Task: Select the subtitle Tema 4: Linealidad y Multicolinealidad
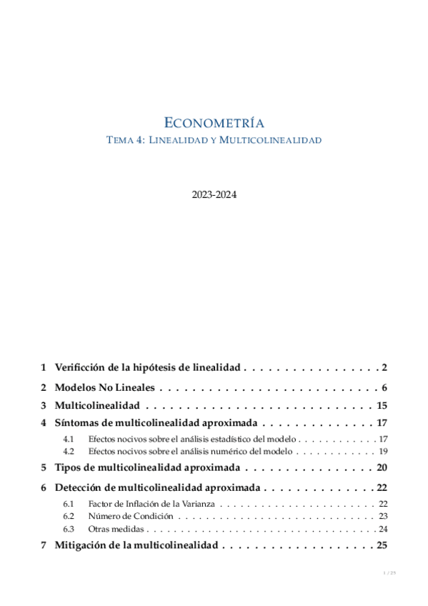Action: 214,140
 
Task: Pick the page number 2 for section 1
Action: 384,368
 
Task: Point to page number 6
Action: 384,388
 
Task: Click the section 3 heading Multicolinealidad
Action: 96,405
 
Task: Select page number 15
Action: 381,405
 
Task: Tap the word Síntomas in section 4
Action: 76,422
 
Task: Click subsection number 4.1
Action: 69,438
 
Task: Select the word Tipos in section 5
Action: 69,468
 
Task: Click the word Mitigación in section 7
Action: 83,545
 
